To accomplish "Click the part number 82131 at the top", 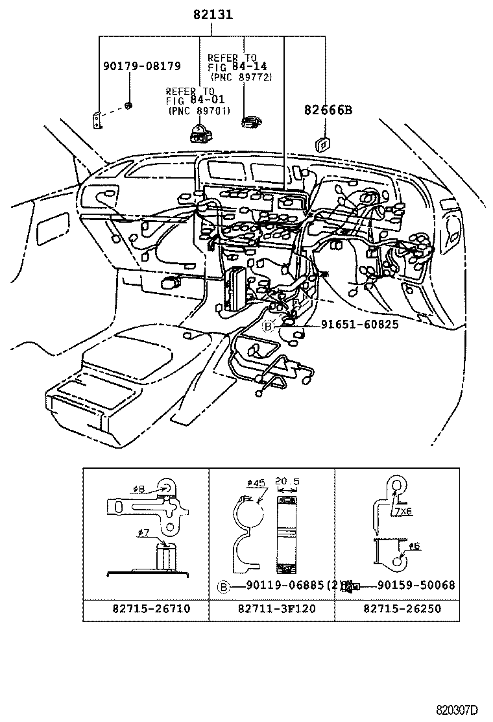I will point(213,14).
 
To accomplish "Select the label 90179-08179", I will point(141,66).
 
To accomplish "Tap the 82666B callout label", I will point(328,110).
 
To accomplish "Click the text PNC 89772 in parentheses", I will point(241,77).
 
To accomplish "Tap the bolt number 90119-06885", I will point(285,586).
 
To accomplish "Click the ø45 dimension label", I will point(256,484).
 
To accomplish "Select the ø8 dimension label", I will point(143,488).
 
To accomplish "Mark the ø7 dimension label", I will point(143,533).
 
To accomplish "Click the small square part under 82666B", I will point(322,144).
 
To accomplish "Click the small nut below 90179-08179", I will point(128,106).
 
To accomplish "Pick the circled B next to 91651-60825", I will point(268,326).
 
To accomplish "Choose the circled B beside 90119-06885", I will point(222,586).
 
